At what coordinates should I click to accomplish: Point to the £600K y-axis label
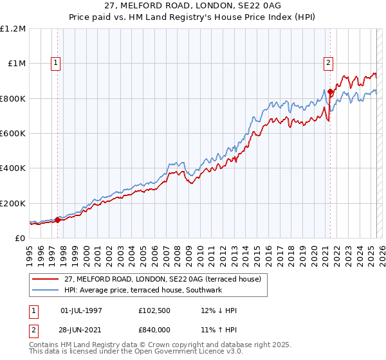click(13, 134)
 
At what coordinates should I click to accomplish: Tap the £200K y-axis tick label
click(13, 203)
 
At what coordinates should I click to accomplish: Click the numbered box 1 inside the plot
click(57, 63)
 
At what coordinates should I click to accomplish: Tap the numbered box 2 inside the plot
click(328, 63)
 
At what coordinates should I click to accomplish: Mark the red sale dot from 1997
click(57, 220)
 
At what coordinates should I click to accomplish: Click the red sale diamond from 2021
click(330, 92)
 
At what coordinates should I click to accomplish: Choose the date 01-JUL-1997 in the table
click(82, 311)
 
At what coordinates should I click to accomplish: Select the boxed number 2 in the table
click(33, 330)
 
